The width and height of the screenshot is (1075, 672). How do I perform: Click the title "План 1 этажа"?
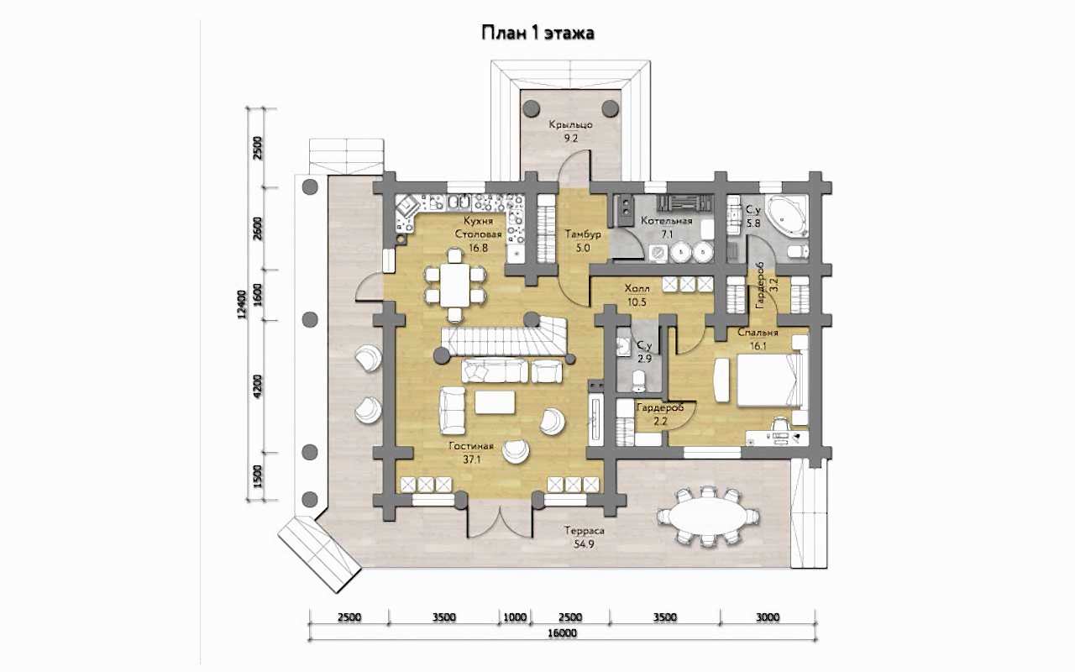click(x=538, y=33)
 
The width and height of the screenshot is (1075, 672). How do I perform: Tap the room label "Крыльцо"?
click(x=570, y=125)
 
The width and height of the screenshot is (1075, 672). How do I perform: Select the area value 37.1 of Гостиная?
click(x=472, y=459)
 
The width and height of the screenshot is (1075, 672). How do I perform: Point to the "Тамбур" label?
click(x=583, y=234)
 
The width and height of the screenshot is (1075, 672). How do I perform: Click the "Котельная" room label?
click(x=667, y=221)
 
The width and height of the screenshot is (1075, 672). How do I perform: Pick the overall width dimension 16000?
click(x=562, y=633)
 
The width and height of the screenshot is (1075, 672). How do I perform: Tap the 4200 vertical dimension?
click(x=258, y=386)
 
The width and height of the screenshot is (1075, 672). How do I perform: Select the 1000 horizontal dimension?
click(x=515, y=617)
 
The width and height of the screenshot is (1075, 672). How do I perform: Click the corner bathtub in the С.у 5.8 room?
click(x=786, y=218)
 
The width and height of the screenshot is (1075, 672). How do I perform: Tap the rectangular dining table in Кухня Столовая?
click(x=455, y=284)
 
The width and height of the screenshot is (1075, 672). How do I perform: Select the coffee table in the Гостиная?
click(x=495, y=402)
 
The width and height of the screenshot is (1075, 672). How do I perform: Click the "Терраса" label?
click(x=584, y=531)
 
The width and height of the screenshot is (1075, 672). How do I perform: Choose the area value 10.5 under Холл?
click(x=637, y=302)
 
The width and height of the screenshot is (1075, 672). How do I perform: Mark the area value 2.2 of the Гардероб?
click(x=660, y=423)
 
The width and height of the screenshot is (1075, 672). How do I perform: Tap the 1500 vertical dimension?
click(x=258, y=476)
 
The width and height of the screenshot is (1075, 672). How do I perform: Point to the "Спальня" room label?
click(x=758, y=333)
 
